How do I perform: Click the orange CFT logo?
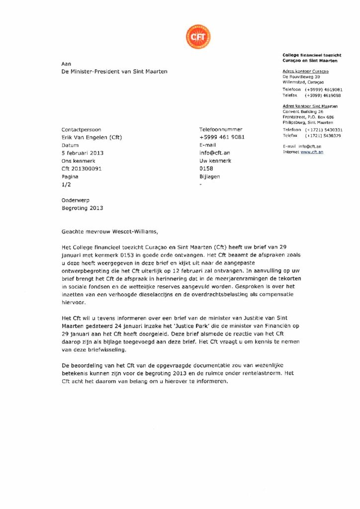click(198, 36)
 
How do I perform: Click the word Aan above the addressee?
click(66, 64)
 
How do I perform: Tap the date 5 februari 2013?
click(82, 153)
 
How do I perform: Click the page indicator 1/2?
click(66, 185)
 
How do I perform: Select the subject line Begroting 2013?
click(82, 208)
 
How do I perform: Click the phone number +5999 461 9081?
click(222, 137)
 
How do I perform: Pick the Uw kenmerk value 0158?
click(206, 169)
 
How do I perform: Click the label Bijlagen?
click(209, 176)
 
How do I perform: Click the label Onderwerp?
click(75, 200)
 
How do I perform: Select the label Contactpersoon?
click(81, 129)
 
